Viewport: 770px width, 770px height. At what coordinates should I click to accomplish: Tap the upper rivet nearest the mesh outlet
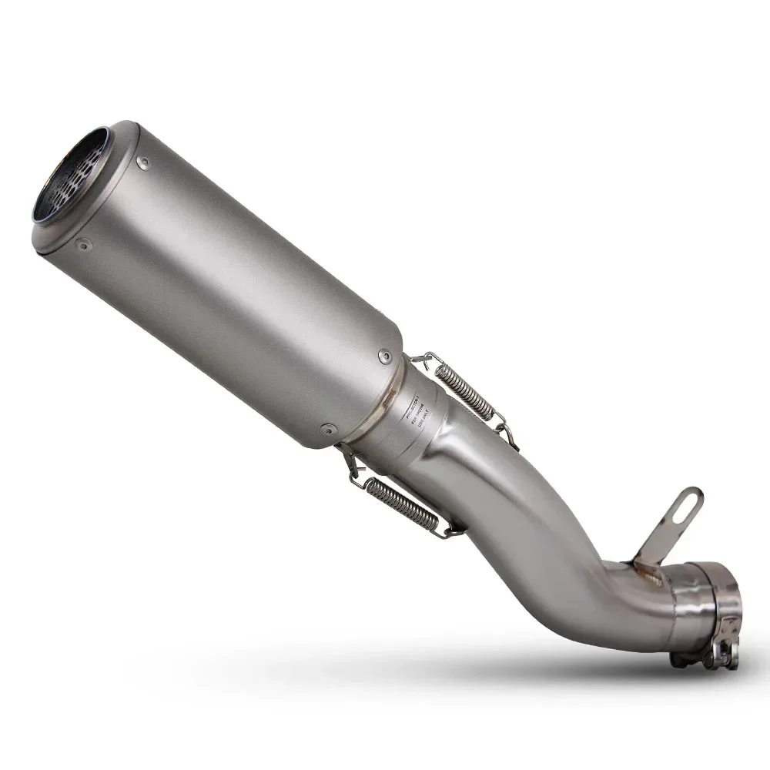143,162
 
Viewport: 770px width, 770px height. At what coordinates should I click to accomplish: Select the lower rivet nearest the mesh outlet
82,246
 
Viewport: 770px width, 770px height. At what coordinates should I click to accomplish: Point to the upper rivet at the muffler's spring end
384,356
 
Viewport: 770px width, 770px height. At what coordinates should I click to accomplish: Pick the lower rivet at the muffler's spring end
326,429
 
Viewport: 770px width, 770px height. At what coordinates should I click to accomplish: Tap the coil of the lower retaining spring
400,505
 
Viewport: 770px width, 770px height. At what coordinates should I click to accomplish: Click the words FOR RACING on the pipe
413,420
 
